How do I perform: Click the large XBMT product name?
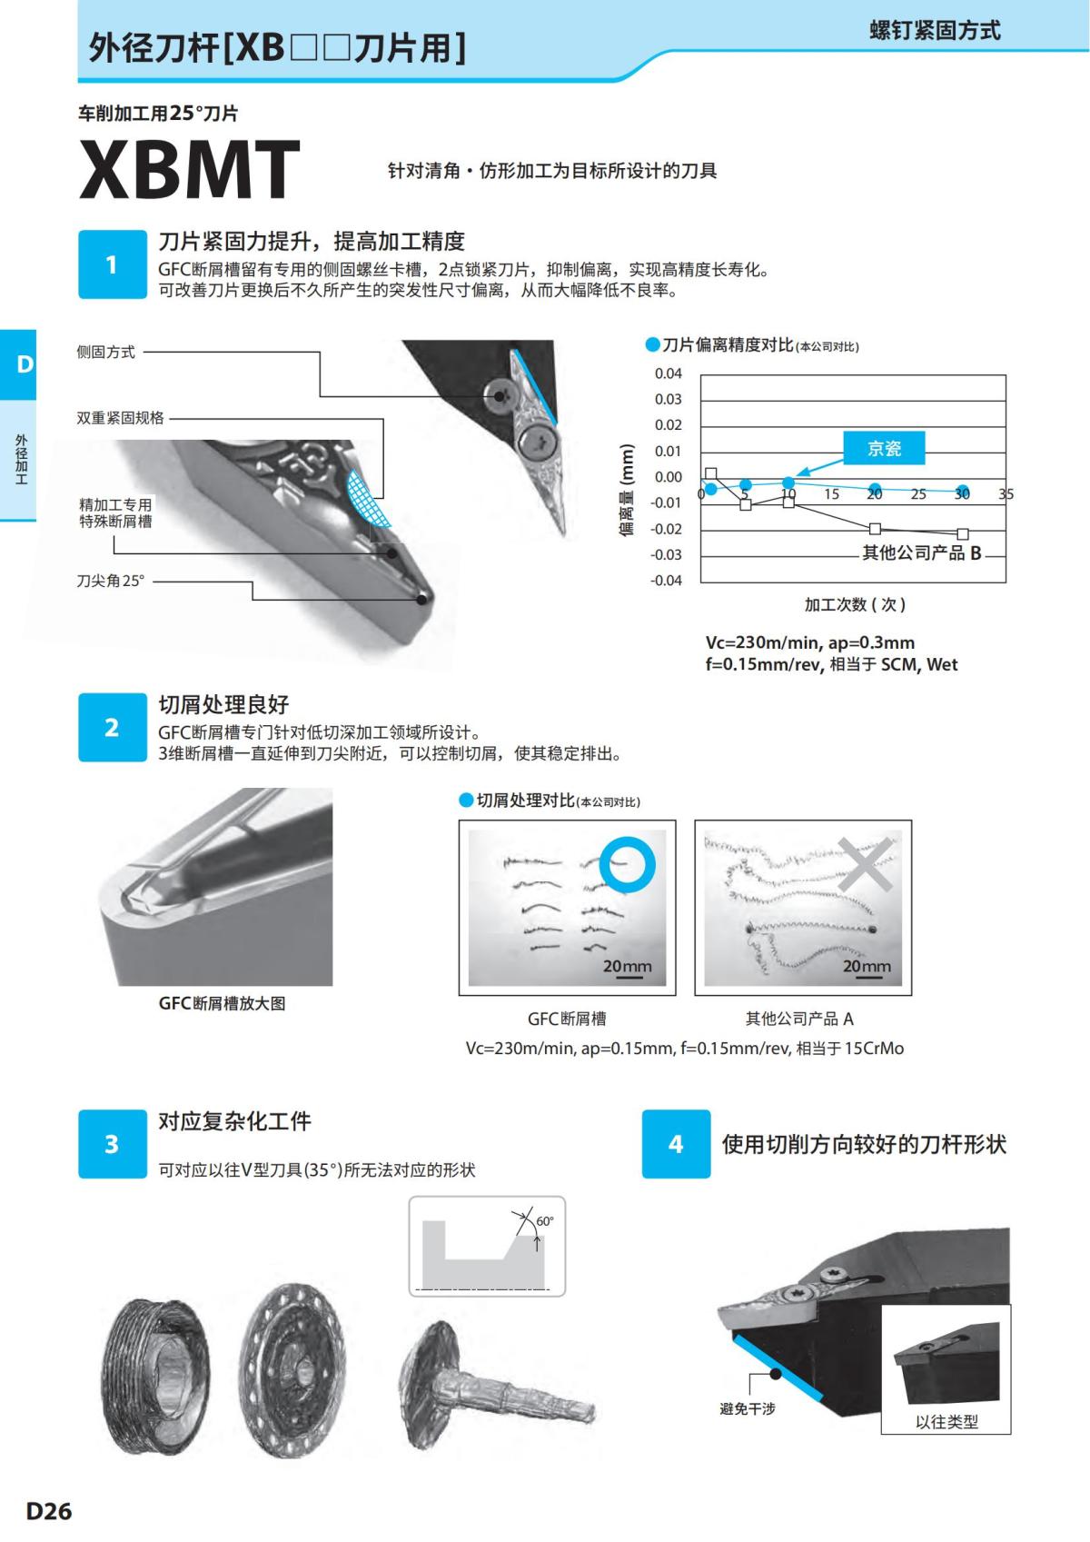pyautogui.click(x=189, y=170)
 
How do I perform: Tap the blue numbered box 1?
pyautogui.click(x=112, y=264)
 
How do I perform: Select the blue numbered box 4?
pyautogui.click(x=676, y=1144)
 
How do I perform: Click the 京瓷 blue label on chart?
pyautogui.click(x=884, y=448)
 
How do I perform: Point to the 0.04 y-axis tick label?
pyautogui.click(x=668, y=373)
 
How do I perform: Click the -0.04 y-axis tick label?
pyautogui.click(x=666, y=581)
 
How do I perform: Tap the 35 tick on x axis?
pyautogui.click(x=1006, y=494)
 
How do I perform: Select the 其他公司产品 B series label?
pyautogui.click(x=921, y=552)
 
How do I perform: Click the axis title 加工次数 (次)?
pyautogui.click(x=854, y=604)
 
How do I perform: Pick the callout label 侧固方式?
pyautogui.click(x=106, y=352)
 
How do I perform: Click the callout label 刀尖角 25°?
pyautogui.click(x=110, y=581)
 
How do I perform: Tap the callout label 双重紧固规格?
pyautogui.click(x=120, y=418)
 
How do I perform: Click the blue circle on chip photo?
pyautogui.click(x=627, y=862)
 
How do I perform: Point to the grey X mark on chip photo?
pyautogui.click(x=864, y=863)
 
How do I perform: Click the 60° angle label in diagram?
pyautogui.click(x=544, y=1221)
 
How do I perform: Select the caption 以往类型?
pyautogui.click(x=946, y=1422)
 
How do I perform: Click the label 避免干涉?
pyautogui.click(x=747, y=1408)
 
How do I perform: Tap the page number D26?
pyautogui.click(x=49, y=1512)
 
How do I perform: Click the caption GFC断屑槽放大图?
pyautogui.click(x=222, y=1003)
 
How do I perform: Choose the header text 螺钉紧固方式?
pyautogui.click(x=935, y=31)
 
